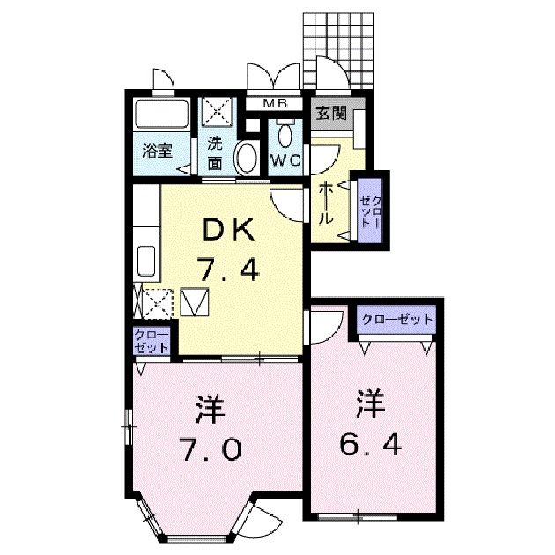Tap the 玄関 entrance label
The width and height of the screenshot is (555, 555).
(x=330, y=114)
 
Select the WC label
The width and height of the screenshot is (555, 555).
(x=285, y=160)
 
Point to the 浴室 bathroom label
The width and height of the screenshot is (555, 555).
(x=159, y=149)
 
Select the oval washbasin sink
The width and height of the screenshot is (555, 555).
(x=247, y=159)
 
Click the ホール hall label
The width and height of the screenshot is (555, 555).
(x=324, y=202)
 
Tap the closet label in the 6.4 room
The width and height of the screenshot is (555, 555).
(x=397, y=319)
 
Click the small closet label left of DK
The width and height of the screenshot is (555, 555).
(x=152, y=341)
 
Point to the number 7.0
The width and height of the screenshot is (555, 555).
(x=210, y=449)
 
